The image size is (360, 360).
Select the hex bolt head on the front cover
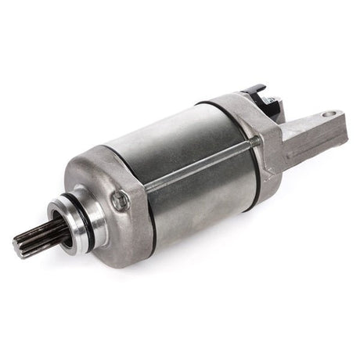point(117,201)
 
